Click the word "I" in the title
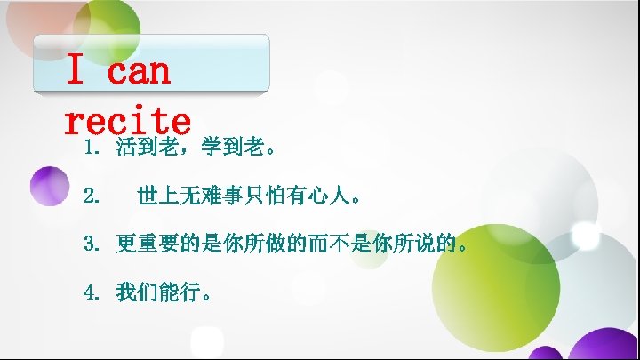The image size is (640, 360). [76, 72]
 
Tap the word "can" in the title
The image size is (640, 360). [139, 72]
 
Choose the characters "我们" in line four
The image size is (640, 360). [137, 292]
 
